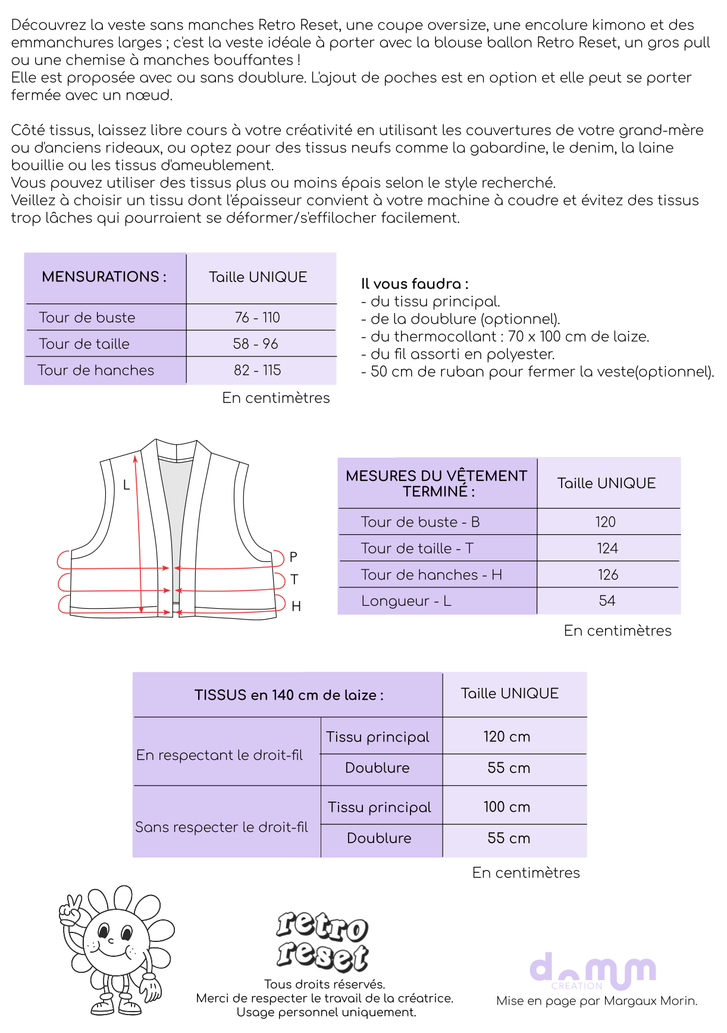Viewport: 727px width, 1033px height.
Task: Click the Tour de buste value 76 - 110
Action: tap(257, 318)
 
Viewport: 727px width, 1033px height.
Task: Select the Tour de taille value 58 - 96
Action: tap(256, 344)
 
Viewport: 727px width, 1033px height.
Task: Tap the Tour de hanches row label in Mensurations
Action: tap(96, 370)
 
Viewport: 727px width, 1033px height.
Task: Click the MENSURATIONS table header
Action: tap(104, 277)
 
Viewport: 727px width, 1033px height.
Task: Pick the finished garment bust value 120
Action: tap(606, 522)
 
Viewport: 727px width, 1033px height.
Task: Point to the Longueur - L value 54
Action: tap(607, 601)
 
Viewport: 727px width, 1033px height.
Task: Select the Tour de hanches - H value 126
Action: tap(608, 575)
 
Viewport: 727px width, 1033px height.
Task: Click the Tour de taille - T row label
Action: tap(417, 549)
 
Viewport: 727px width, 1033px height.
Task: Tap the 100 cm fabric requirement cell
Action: tap(507, 807)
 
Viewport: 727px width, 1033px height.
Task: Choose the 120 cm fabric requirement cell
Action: tap(507, 737)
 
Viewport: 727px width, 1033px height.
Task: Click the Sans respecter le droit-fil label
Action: tap(221, 827)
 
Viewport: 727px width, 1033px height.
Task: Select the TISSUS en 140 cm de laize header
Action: tap(289, 695)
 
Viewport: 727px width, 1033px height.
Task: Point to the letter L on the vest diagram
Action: tap(126, 486)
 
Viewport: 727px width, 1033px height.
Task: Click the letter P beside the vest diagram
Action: tap(293, 557)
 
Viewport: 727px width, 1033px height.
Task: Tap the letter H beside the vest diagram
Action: tap(296, 606)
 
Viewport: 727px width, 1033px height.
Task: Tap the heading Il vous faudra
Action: tap(415, 284)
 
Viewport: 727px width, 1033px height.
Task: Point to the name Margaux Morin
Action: tap(650, 1001)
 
